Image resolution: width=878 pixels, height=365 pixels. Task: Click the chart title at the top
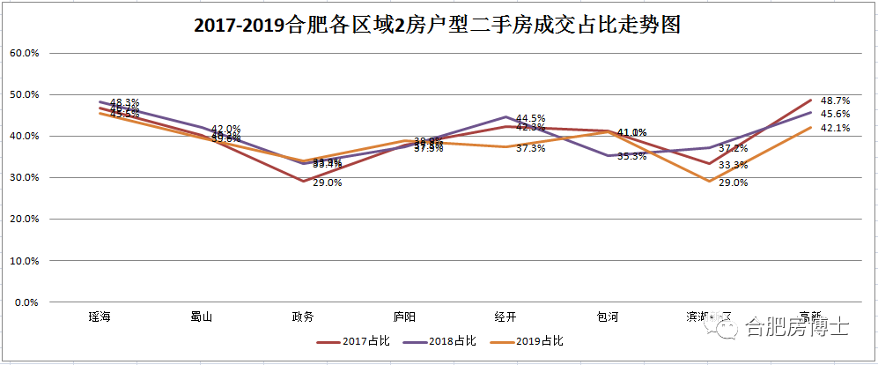pos(438,26)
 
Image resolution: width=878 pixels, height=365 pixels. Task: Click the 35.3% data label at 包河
pos(631,156)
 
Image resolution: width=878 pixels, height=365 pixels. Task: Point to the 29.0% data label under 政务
pos(327,182)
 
